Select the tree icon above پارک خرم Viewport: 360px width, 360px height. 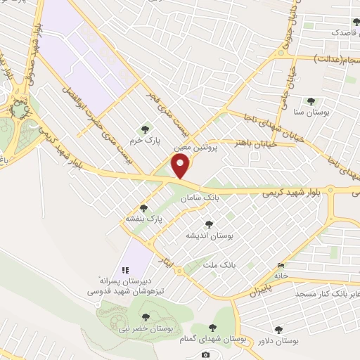tap(145, 129)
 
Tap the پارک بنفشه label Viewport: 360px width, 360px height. tap(144, 219)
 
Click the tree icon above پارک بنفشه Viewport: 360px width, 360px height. tap(144, 208)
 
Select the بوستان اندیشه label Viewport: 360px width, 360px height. tap(208, 235)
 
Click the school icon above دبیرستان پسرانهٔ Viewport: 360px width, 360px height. tap(126, 269)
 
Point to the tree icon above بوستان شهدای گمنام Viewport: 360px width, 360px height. tap(214, 327)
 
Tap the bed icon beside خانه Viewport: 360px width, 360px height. tap(282, 265)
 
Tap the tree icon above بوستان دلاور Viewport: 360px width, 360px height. tap(278, 329)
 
